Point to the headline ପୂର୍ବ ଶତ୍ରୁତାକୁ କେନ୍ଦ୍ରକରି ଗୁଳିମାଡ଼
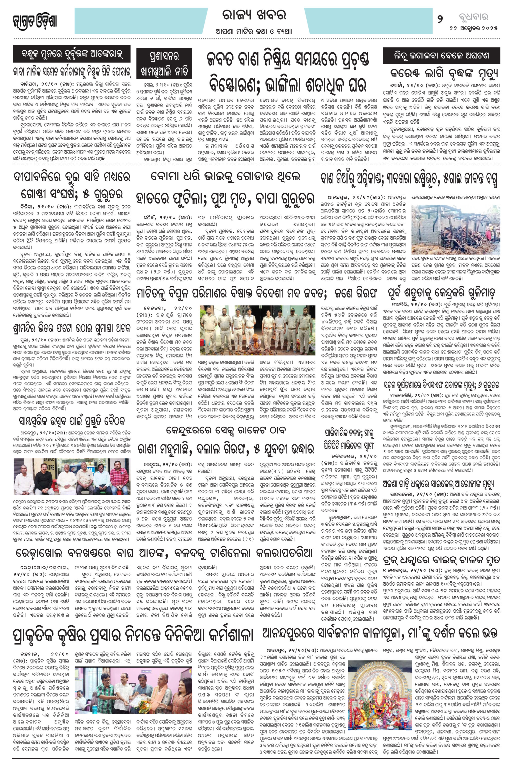click(441, 294)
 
